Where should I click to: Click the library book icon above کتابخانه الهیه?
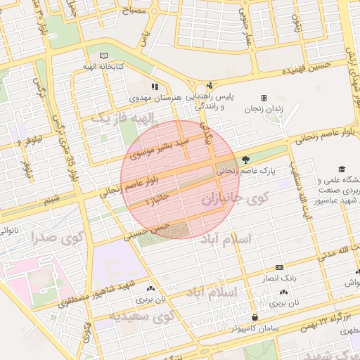(x=104, y=56)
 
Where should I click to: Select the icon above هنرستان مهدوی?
(x=155, y=86)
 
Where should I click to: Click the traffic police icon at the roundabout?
(x=209, y=85)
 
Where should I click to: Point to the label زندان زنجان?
(x=263, y=109)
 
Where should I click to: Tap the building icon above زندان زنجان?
(x=264, y=98)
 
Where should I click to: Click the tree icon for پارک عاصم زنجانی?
(x=245, y=160)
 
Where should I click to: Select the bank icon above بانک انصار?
(x=279, y=268)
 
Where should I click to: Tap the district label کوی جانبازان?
(x=236, y=199)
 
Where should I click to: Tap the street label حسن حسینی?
(x=147, y=231)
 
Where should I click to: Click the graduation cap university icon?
(x=342, y=169)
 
